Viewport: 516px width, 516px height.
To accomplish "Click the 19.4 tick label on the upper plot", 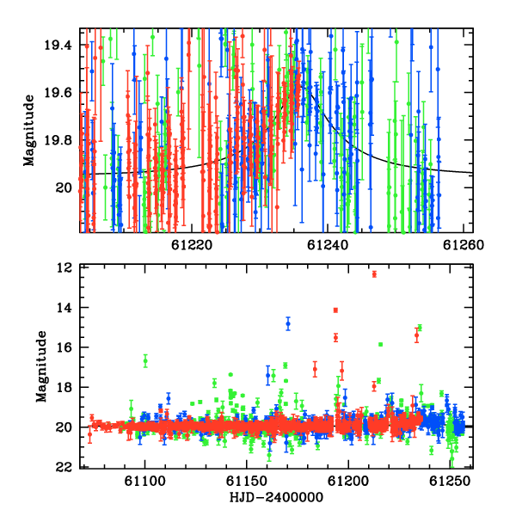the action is point(58,45).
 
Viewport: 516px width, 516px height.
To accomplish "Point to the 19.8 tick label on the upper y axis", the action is point(58,140).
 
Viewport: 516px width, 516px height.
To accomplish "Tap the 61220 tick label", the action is point(192,245).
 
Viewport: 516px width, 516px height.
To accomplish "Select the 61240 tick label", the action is point(328,245).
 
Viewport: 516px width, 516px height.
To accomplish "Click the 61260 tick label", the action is point(464,245).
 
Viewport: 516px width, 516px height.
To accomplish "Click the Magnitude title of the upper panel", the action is point(29,131).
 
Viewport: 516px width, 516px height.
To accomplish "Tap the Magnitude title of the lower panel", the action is point(41,366).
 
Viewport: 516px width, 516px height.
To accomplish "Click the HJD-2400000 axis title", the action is point(276,497).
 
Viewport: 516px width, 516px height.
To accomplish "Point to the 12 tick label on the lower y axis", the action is point(64,268).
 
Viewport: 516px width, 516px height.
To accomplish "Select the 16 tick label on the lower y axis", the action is point(64,347).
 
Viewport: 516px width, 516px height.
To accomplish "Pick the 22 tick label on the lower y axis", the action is point(64,467).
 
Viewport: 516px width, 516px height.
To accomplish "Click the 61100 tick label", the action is point(144,482).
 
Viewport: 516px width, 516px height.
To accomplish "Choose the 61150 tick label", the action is point(247,482).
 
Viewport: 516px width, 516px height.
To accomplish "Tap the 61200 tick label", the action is point(348,482).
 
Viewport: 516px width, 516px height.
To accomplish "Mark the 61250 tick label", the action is point(450,482).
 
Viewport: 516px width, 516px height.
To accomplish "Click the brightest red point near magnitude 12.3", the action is point(374,274).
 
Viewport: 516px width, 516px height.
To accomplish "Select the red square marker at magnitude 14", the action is point(335,310).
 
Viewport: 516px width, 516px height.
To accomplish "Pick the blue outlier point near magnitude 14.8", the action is point(288,324).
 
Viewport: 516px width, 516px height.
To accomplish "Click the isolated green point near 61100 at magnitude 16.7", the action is point(145,361).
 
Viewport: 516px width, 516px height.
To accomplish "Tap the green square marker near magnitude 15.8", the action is point(380,345).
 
